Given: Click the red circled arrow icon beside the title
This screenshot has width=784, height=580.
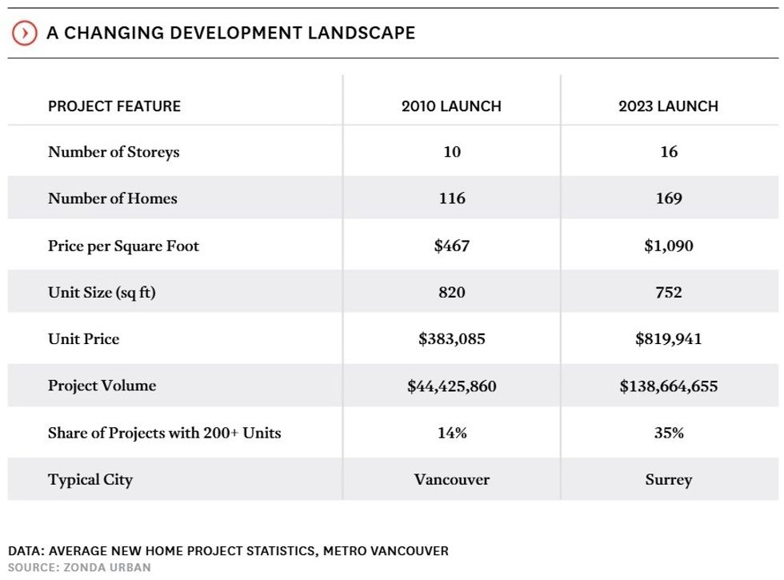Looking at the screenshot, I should pos(25,33).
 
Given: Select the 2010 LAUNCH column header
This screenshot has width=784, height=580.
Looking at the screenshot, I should pos(451,106).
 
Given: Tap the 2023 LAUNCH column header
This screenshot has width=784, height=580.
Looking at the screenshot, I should pos(668,106).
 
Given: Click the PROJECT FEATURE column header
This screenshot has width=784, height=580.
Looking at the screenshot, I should pos(114,106).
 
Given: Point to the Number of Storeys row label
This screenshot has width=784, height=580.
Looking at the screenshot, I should pos(114,152).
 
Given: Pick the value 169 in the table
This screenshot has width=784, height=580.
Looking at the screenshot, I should pos(668,198).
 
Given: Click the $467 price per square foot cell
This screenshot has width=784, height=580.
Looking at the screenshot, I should pos(451,246).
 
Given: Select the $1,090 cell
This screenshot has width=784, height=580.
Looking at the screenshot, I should pos(668,246).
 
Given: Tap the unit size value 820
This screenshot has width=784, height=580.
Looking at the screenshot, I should pos(451,292).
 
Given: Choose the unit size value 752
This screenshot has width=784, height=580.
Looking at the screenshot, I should pos(668,292).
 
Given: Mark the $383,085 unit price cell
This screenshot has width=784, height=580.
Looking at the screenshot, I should pos(451,339).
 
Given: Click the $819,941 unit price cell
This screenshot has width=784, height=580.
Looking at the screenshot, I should pos(668,339).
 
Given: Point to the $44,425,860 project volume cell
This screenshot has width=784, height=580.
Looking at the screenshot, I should pos(451,386).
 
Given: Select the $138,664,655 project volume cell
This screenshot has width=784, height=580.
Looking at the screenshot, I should pos(668,386).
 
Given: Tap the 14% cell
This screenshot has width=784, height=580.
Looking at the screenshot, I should pos(451,433).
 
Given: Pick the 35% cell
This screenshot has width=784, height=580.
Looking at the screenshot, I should pos(668,433).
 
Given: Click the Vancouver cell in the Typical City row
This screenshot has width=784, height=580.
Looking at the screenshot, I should pos(451,480).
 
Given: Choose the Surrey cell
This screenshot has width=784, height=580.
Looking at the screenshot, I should pos(668,480).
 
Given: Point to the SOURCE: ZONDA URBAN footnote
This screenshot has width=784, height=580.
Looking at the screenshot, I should pos(79,567).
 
